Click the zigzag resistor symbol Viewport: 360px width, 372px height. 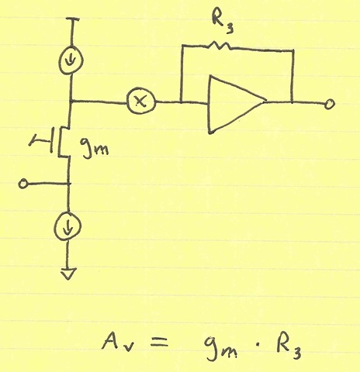coord(219,46)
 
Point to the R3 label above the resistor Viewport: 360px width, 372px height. coord(222,21)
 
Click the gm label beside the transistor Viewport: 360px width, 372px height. coord(94,148)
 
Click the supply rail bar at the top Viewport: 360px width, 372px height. coord(72,19)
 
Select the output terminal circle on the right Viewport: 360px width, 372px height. coord(330,105)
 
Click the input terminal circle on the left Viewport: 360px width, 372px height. coord(22,184)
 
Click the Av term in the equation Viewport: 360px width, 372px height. coord(117,342)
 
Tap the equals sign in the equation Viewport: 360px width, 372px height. coord(159,343)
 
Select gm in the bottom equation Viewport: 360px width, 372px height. coord(220,347)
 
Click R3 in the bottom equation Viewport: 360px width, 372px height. coord(288,346)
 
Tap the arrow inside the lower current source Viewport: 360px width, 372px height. coord(67,226)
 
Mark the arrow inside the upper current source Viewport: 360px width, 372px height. coord(71,60)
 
